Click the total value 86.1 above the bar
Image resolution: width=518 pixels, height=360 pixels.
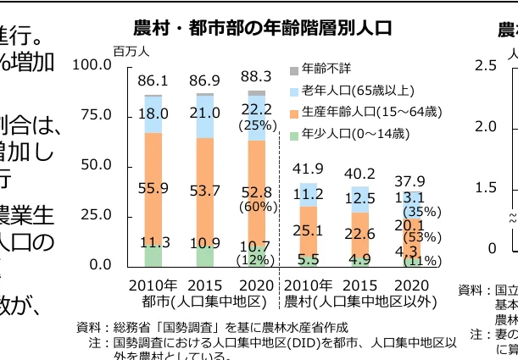153,80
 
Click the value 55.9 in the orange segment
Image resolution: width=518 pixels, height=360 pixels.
153,188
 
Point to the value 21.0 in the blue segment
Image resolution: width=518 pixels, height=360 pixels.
204,114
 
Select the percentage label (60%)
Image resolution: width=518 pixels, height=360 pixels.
255,207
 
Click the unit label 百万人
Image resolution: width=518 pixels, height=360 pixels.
130,52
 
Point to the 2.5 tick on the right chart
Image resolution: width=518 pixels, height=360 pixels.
487,65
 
